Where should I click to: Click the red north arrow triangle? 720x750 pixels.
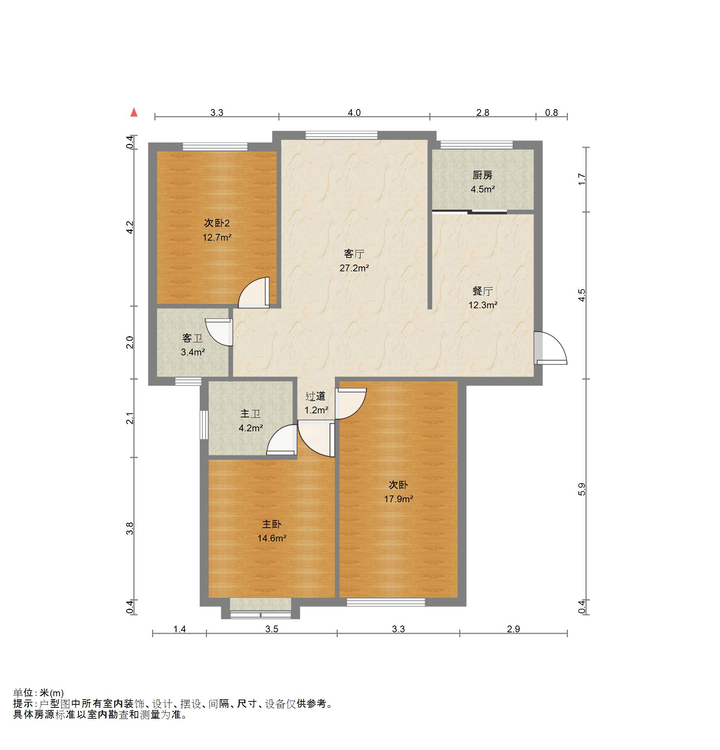click(133, 112)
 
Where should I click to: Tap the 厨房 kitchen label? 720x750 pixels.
click(482, 176)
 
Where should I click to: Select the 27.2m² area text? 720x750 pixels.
click(354, 268)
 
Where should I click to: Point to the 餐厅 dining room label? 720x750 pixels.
click(482, 291)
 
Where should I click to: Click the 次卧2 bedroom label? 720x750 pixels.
click(217, 223)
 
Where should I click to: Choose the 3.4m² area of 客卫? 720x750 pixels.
click(193, 352)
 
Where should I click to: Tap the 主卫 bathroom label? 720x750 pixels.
click(250, 414)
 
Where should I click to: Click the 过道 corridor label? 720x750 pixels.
click(316, 396)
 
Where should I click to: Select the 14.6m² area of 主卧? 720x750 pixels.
click(272, 538)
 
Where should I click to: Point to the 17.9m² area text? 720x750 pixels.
click(398, 499)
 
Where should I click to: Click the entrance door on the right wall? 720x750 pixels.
click(550, 348)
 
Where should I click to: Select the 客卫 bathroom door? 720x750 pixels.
click(219, 333)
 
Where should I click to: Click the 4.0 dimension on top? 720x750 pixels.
click(354, 112)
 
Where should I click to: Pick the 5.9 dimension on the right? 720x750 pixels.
click(581, 489)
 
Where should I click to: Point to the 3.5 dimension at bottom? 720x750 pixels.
click(272, 629)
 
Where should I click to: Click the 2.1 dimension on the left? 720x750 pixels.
click(130, 418)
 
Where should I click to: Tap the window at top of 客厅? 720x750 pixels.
click(341, 135)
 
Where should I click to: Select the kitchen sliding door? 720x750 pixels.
click(469, 212)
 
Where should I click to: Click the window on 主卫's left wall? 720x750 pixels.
click(204, 425)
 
